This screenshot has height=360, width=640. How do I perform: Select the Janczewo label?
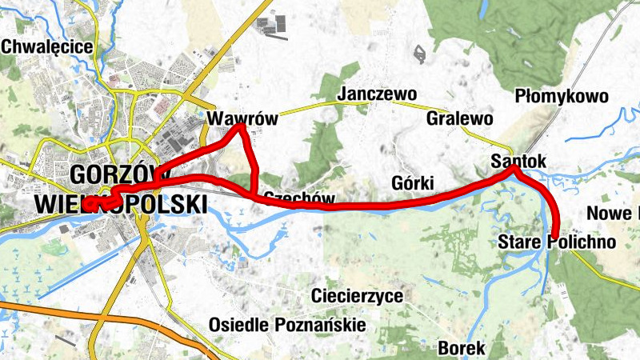378,94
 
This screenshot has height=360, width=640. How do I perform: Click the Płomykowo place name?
562,97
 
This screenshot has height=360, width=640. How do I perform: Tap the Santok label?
519,162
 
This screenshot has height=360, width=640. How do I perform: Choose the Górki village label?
414,181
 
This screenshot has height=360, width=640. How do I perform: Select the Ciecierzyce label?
358,296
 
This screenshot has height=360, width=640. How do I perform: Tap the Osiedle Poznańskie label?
287,325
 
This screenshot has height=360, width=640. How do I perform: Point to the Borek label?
462,349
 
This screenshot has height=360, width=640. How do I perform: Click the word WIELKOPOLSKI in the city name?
120,205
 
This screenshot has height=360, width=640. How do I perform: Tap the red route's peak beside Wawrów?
240,128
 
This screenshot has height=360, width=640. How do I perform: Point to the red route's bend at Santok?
515,170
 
